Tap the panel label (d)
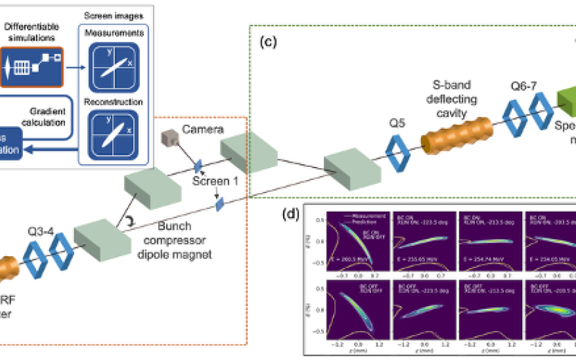[x=290, y=213]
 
